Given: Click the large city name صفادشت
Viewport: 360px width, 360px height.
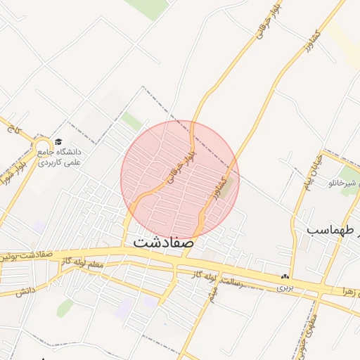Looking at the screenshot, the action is (x=162, y=242).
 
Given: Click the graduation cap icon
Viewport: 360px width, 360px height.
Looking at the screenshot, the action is (x=58, y=142).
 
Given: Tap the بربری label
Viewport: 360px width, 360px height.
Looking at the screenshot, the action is (x=283, y=288).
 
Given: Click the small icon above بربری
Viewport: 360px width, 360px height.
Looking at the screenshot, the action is (x=285, y=277).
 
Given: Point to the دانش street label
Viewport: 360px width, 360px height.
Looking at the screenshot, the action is (x=25, y=291).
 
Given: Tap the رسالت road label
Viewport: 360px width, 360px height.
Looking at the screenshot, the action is (x=241, y=283).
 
